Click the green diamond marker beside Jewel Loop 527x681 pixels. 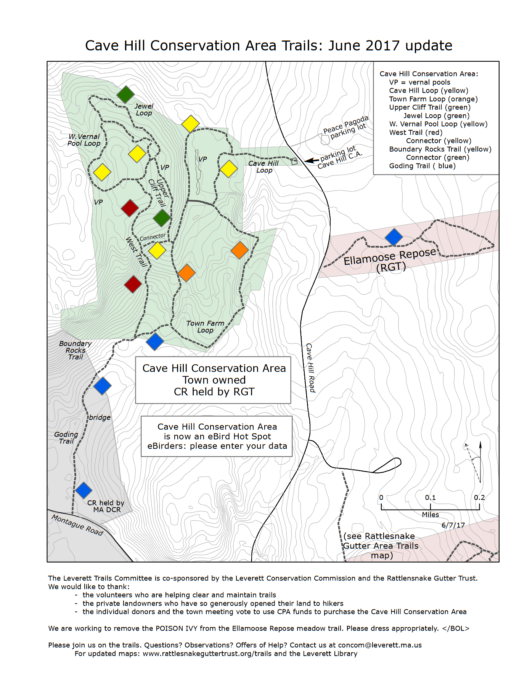point(125,94)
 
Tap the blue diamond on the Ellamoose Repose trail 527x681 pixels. point(394,237)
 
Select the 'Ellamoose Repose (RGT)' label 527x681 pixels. point(390,260)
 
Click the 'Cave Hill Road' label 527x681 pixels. point(310,368)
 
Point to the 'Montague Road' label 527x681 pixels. point(77,525)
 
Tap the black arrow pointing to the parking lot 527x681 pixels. point(312,161)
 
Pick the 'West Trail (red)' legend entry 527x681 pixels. point(416,133)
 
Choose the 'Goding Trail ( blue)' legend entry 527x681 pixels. point(422,166)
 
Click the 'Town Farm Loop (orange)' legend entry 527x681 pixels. point(433,99)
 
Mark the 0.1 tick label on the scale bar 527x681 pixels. point(430,497)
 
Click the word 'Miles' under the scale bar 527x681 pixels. point(430,515)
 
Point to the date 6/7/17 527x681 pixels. point(453,525)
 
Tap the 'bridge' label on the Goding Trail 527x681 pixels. point(100,417)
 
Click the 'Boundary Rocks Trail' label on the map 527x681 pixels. point(76,350)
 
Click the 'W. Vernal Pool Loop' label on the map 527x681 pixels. point(84,140)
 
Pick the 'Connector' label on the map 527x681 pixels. point(153,237)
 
